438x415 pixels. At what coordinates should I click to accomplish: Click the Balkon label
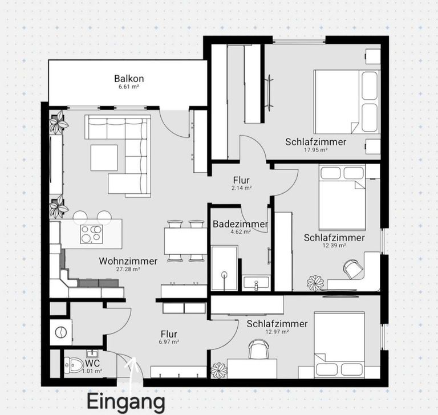tap(128, 79)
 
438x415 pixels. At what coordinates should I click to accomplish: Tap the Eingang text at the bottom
tap(126, 400)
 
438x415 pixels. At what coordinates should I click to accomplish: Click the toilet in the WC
tap(73, 363)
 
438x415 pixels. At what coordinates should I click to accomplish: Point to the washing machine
tap(59, 331)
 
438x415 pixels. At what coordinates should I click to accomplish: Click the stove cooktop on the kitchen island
tap(91, 233)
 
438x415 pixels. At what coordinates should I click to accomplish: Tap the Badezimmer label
tap(240, 225)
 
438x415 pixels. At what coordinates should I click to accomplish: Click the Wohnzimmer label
tap(128, 261)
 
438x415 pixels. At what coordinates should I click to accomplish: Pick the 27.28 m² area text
tap(128, 270)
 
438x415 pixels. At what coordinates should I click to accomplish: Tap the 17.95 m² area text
tap(315, 150)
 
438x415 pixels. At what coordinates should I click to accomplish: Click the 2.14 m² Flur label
tap(242, 187)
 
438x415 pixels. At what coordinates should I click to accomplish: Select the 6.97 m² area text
tap(169, 342)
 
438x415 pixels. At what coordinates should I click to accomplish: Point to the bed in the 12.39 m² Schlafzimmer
tap(341, 197)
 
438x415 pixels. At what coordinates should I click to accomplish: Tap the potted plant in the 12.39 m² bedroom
tap(315, 282)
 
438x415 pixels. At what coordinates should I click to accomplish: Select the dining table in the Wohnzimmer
tap(185, 240)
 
